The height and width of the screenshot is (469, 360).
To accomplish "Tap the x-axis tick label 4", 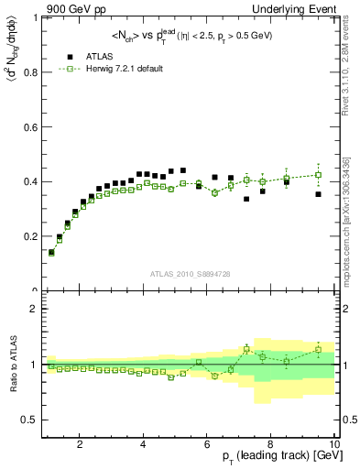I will (144, 446).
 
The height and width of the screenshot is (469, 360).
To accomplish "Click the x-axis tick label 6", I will (208, 446).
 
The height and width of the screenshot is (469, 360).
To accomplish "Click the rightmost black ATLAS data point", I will (319, 194).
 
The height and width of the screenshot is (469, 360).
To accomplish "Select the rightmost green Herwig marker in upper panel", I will (319, 175).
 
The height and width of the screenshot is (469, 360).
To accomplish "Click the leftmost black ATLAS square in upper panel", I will (51, 252).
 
